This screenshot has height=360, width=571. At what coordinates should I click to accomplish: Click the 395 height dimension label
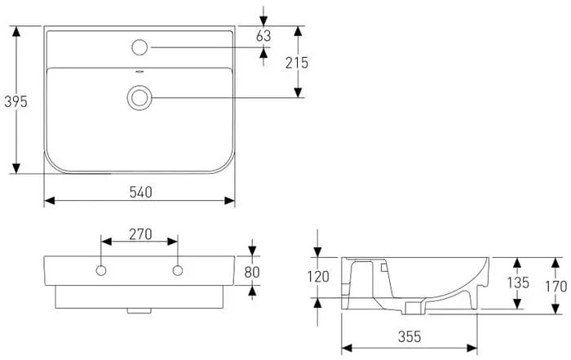coord(15,101)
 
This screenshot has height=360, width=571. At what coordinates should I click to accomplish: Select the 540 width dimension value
coord(141,192)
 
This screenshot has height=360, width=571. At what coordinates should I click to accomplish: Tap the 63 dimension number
coord(263,36)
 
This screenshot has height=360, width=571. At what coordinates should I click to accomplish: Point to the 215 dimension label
coord(297,63)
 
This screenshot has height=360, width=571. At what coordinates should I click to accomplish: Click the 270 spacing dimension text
coord(140,234)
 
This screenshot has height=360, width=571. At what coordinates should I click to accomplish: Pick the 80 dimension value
coord(252,272)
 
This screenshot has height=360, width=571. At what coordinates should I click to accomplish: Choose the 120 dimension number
coord(318,277)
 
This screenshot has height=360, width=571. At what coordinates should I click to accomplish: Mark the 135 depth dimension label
coord(518,282)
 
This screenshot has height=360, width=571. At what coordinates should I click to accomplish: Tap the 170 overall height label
coord(556,286)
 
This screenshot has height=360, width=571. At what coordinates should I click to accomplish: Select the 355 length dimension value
coord(409,336)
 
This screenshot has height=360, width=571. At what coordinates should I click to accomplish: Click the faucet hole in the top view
coord(139,47)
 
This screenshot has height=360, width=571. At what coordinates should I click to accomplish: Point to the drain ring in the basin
coord(139,98)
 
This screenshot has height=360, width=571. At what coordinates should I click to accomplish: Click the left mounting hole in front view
coord(101,271)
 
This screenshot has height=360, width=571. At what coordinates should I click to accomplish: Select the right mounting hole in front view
coord(178,271)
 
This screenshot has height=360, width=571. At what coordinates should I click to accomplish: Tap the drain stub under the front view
coord(139,311)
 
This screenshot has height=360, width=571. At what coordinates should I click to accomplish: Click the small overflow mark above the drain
coord(139,72)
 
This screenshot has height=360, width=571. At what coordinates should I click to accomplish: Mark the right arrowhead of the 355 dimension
coord(472,348)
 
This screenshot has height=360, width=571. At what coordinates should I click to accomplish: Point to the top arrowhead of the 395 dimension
coord(16,31)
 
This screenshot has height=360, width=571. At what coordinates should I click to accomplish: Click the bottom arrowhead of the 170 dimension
coord(556,309)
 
